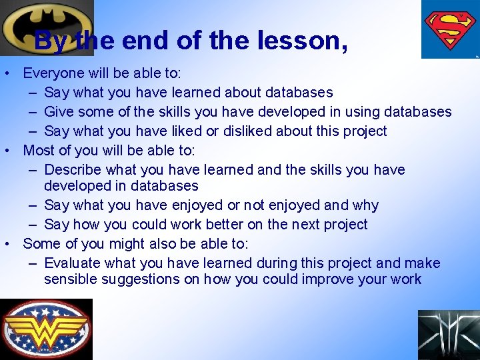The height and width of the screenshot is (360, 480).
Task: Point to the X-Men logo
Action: [x=448, y=335]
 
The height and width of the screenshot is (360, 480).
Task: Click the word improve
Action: [x=328, y=279]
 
